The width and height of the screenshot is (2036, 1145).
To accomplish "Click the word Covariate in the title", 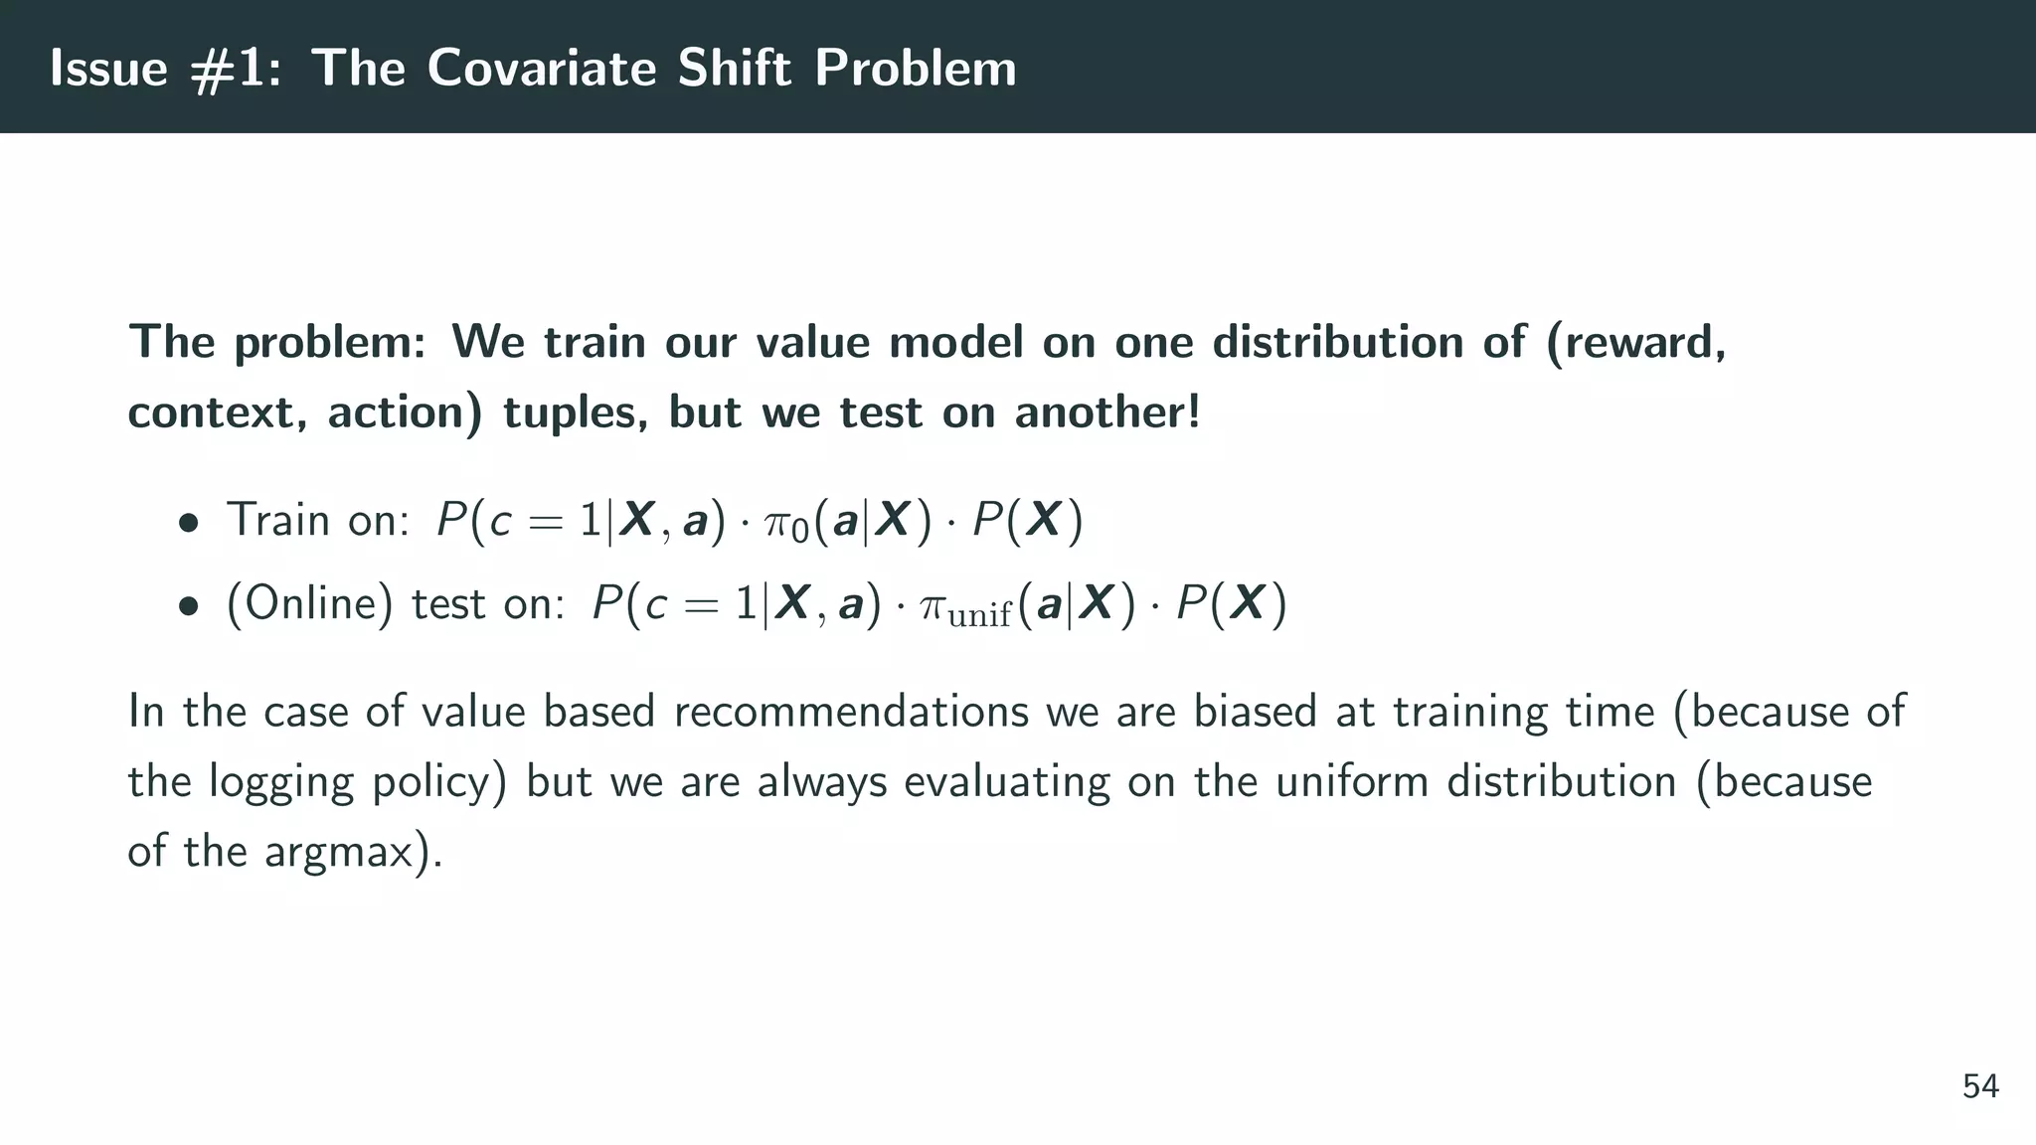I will pos(541,69).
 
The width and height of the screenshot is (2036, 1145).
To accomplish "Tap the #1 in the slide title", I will pos(235,69).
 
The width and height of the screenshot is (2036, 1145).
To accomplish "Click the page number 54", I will pos(1980,1086).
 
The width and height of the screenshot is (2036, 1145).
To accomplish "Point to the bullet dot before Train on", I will pos(188,523).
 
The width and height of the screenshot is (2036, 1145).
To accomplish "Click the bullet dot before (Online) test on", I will pos(188,606).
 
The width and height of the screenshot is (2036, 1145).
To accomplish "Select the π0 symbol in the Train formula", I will pos(786,523).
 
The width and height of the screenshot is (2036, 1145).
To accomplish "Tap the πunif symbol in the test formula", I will pos(965,607).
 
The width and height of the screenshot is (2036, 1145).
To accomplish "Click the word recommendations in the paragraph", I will pos(851,712).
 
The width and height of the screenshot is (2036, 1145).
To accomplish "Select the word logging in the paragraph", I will pos(281,783).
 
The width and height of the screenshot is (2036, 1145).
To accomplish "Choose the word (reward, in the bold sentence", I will pos(1636,343).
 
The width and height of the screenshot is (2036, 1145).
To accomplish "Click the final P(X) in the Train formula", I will pos(1027,521).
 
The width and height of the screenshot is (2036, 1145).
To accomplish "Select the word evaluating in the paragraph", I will pos(1006,783).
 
